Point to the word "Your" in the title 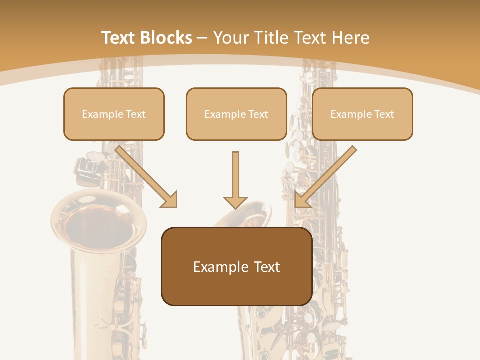point(231,38)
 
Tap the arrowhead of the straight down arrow point(235,202)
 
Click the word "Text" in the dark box point(267,267)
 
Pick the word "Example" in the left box point(102,114)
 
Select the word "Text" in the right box point(384,114)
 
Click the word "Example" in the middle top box point(225,114)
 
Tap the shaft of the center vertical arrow point(235,172)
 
